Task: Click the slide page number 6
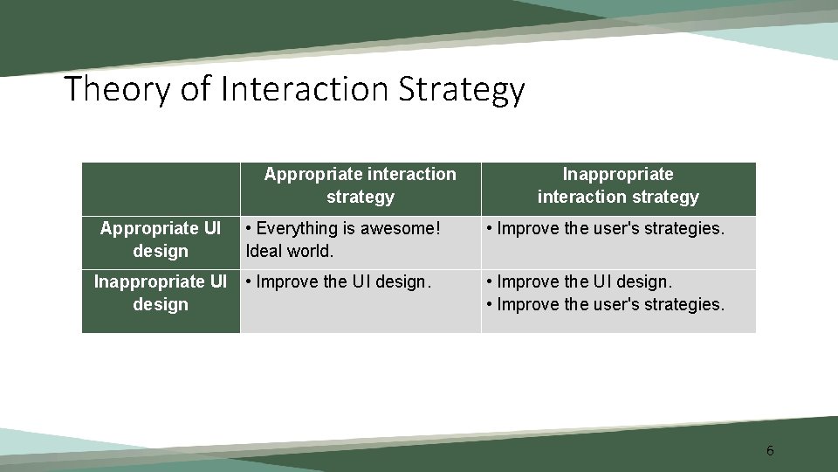(769, 451)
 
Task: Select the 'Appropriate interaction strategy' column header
(360, 185)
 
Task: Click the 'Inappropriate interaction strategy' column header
(618, 185)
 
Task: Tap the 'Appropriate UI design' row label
(161, 239)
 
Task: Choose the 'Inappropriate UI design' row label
(161, 293)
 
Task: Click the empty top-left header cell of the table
(161, 189)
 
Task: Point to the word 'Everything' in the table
(296, 228)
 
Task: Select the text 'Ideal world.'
(290, 251)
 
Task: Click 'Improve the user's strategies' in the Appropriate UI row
(610, 228)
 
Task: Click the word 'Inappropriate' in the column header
(618, 174)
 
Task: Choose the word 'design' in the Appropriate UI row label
(161, 251)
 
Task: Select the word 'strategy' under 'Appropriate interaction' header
(360, 197)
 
